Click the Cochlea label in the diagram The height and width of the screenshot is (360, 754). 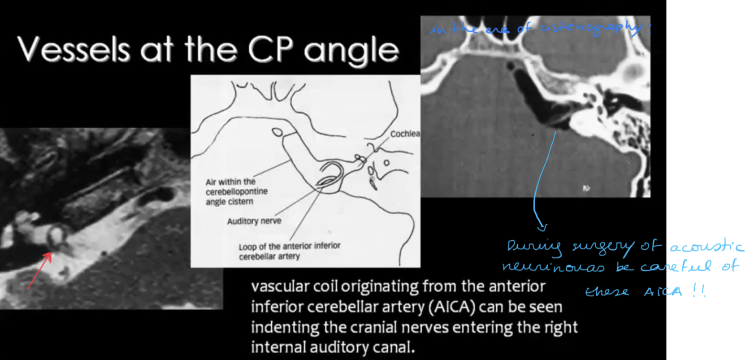click(405, 134)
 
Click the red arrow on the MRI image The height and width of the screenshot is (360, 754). click(40, 270)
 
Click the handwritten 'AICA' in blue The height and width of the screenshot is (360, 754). click(660, 292)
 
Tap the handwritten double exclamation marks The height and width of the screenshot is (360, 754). click(700, 291)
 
